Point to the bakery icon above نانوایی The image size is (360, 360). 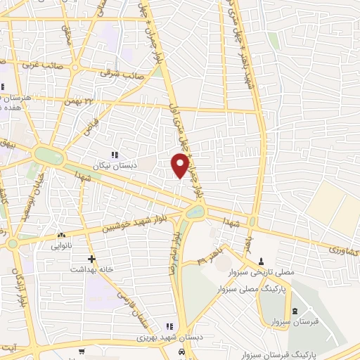coord(62,236)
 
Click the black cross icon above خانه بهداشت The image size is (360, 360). coord(91,259)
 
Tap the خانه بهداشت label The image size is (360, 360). coord(92,270)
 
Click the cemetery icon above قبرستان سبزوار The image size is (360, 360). coord(295,311)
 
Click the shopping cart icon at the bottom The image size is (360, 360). coord(82,351)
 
